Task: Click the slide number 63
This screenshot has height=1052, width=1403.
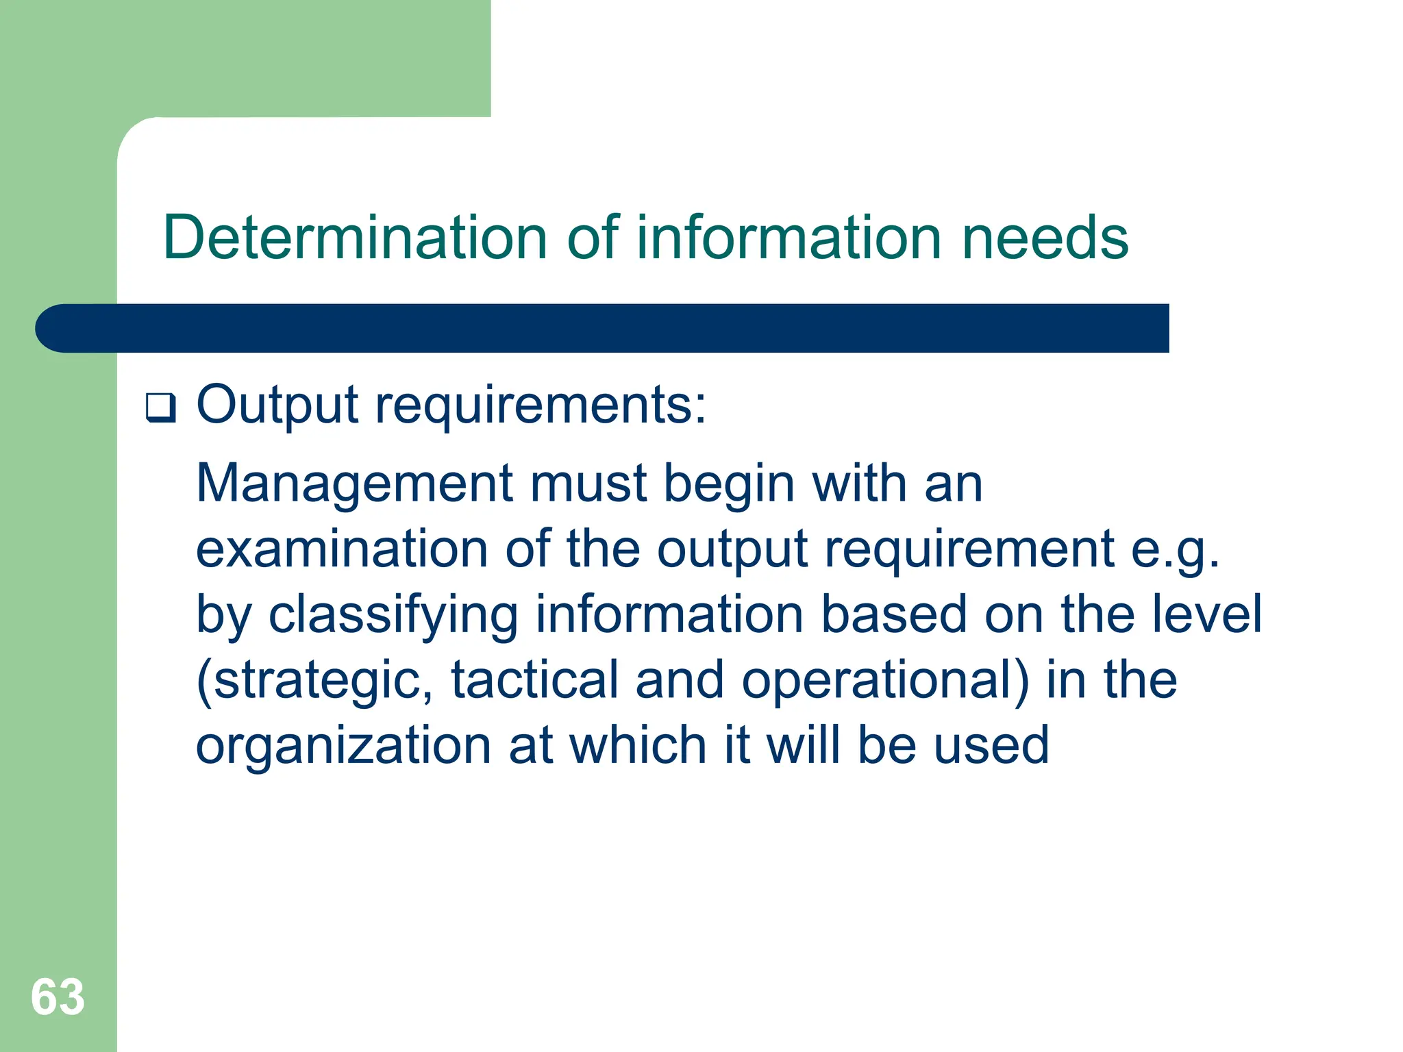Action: pyautogui.click(x=58, y=997)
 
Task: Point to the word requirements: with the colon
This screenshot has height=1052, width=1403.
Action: pyautogui.click(x=541, y=405)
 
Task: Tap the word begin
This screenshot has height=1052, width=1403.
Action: pyautogui.click(x=729, y=484)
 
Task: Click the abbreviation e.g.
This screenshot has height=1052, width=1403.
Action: pyautogui.click(x=1175, y=551)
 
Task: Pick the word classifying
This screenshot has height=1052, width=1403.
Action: pyautogui.click(x=393, y=615)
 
